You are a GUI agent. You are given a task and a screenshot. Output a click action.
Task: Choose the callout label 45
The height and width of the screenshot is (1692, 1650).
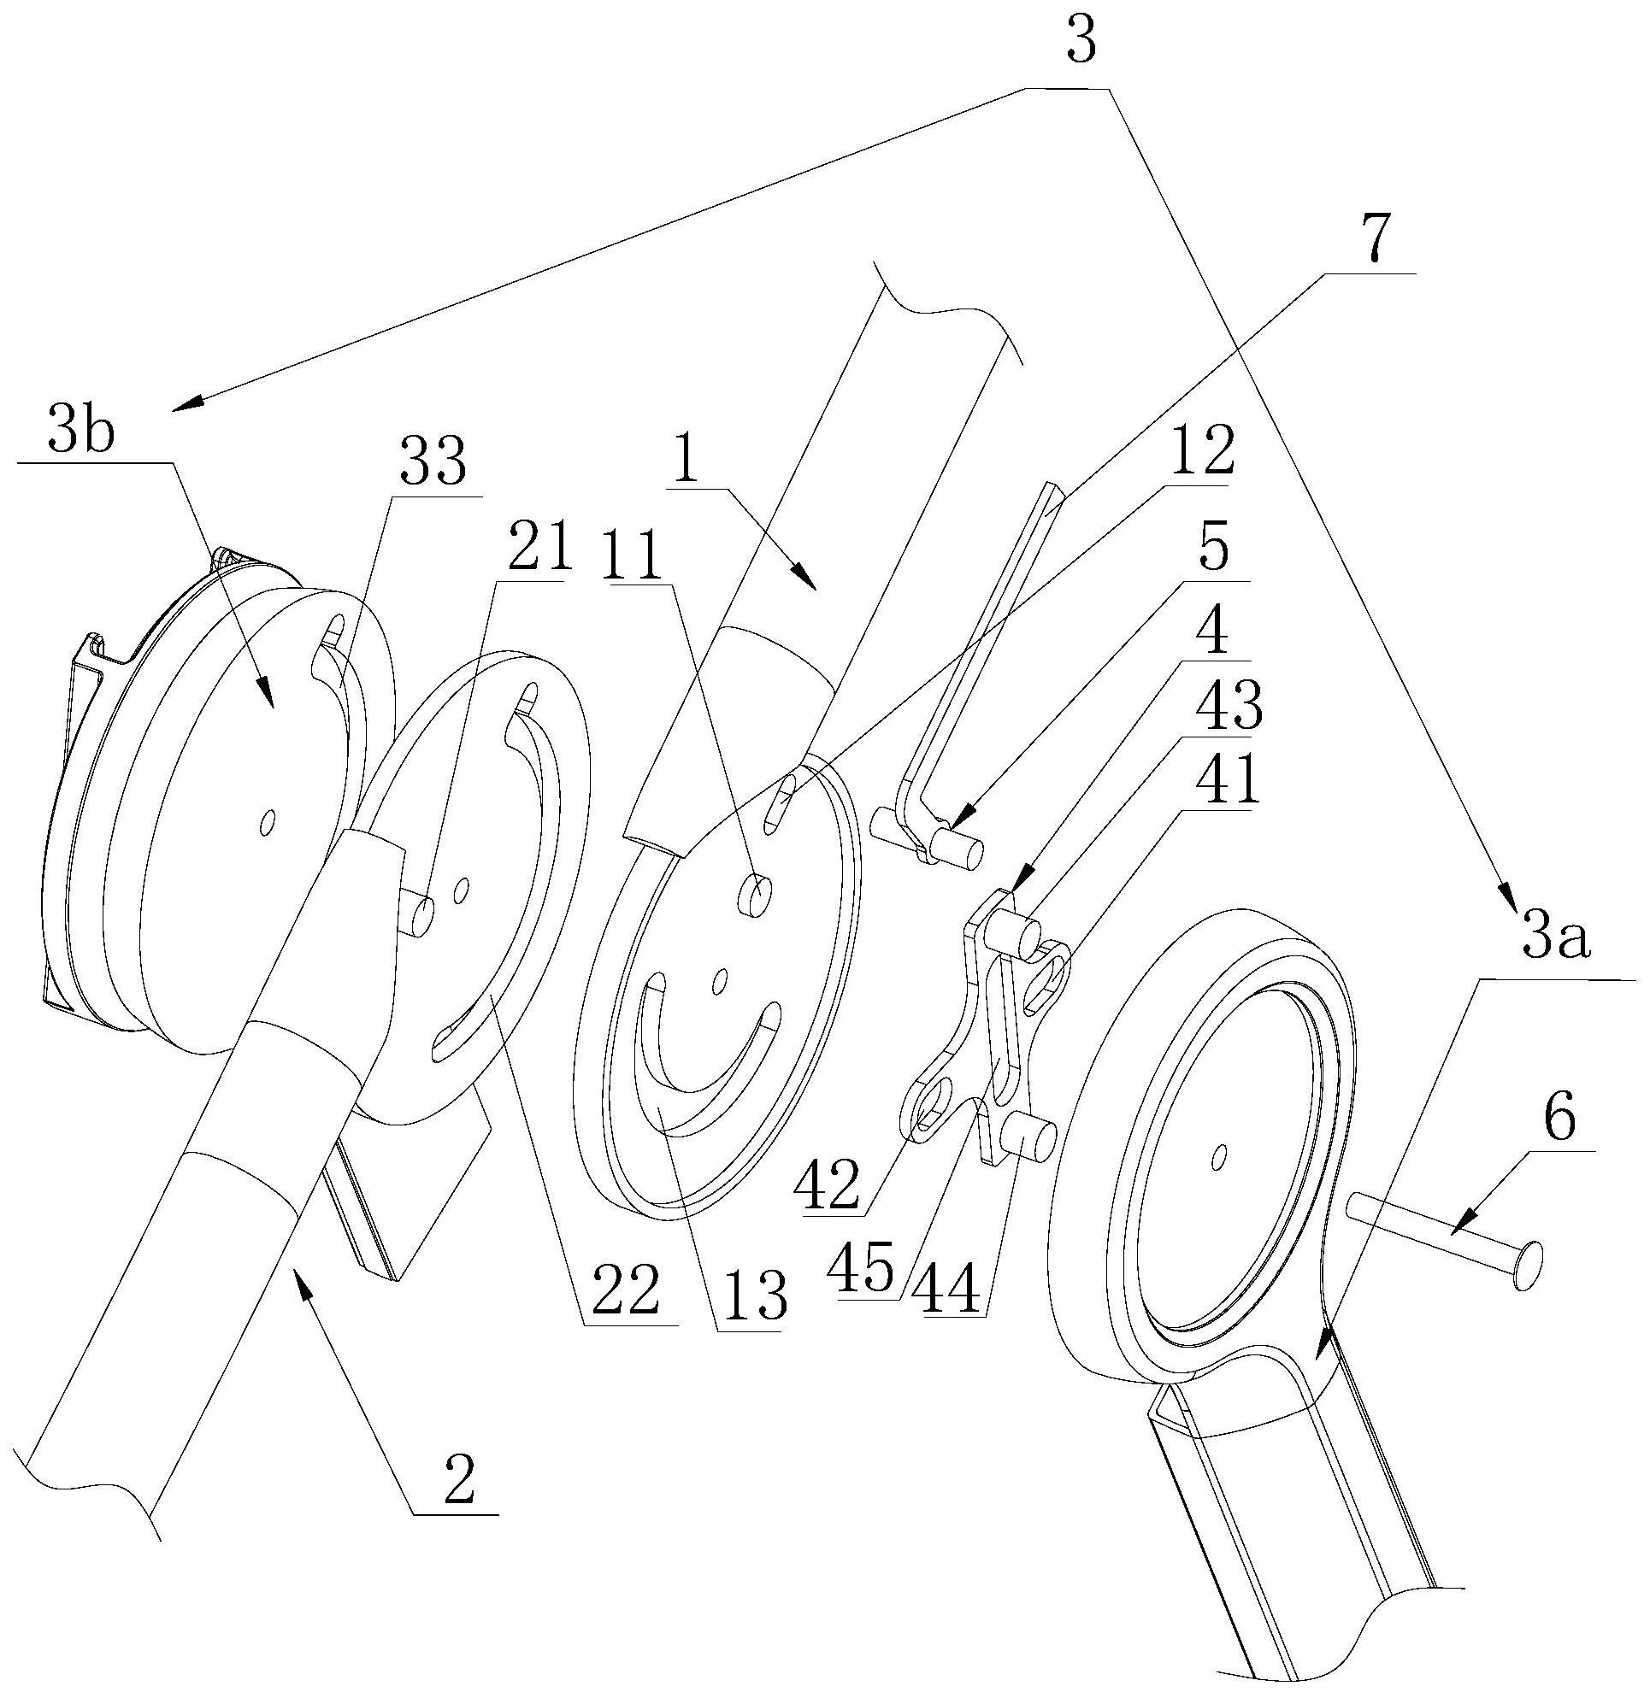click(x=860, y=1273)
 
